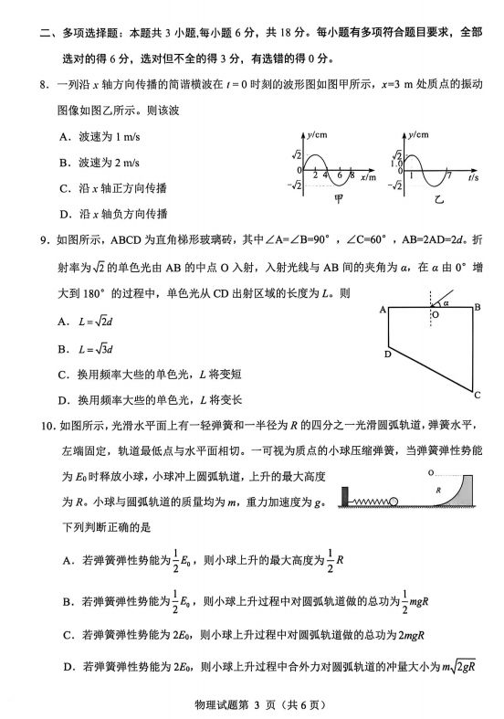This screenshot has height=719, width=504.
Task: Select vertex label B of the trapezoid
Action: point(477,308)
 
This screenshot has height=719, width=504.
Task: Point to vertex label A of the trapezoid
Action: point(383,311)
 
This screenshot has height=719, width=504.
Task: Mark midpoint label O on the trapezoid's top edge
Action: point(435,315)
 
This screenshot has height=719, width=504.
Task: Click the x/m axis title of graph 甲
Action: point(368,177)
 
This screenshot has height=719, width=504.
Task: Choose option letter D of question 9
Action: point(64,399)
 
